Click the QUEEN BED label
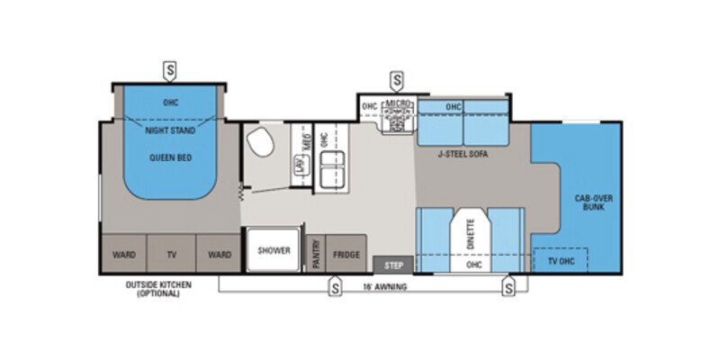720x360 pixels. click(x=170, y=157)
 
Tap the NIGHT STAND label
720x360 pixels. click(x=170, y=130)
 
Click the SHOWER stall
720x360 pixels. click(x=275, y=251)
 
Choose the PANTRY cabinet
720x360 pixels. click(x=316, y=255)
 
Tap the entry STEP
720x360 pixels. click(x=393, y=265)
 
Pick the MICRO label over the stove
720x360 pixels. click(x=397, y=105)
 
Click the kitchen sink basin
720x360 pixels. click(x=328, y=166)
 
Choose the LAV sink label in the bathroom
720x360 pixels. click(x=297, y=165)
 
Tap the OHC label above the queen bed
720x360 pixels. click(x=170, y=102)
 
